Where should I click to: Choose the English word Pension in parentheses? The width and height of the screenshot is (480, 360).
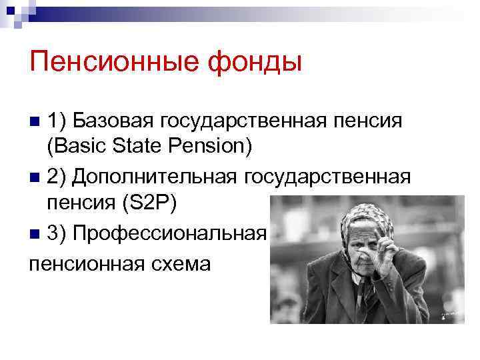click(211, 146)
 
